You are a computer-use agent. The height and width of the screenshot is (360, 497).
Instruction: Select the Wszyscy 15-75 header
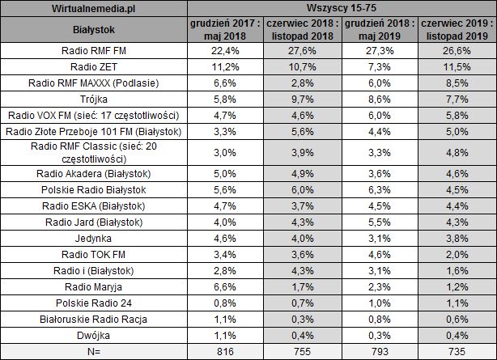coord(342,8)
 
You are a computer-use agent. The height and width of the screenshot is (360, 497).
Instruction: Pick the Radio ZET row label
coord(94,66)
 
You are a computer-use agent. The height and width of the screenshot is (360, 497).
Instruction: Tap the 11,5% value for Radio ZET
coord(458,66)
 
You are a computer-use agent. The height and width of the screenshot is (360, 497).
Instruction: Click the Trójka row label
coord(94,100)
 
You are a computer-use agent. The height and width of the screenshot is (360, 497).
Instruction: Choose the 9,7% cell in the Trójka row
coord(303,100)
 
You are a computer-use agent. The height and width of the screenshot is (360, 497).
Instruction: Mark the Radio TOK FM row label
coord(94,254)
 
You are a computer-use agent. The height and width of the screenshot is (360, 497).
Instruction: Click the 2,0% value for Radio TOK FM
coord(458,254)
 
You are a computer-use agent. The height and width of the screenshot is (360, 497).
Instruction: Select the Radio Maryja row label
coord(94,286)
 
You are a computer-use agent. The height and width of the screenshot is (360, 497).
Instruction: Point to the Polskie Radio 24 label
coord(94,303)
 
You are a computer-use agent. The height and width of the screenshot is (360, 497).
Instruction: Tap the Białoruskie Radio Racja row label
coord(94,319)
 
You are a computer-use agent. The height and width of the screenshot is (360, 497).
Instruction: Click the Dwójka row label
coord(94,335)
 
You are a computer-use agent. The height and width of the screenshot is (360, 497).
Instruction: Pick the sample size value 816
coord(226,351)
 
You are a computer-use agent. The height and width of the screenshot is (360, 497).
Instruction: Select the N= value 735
coord(458,351)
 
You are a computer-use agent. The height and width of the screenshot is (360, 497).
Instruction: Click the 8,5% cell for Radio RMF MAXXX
coord(458,83)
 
